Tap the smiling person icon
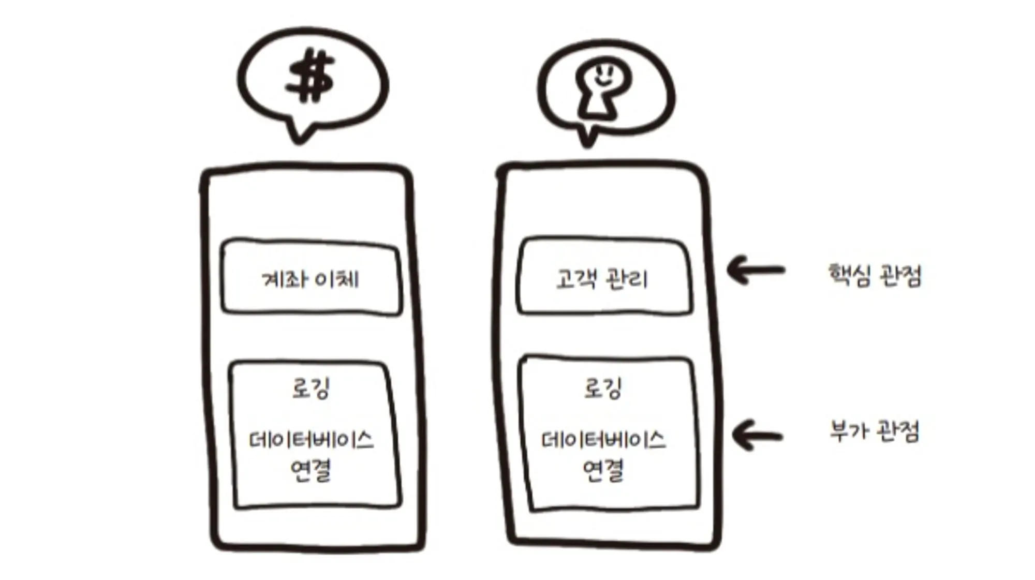pyautogui.click(x=603, y=88)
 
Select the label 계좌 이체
pyautogui.click(x=310, y=279)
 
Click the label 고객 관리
pyautogui.click(x=602, y=279)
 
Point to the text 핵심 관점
pyautogui.click(x=875, y=275)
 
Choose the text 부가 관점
pyautogui.click(x=875, y=431)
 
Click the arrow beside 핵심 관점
pyautogui.click(x=756, y=270)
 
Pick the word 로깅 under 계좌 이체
pyautogui.click(x=311, y=388)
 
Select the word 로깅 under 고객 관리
pyautogui.click(x=603, y=388)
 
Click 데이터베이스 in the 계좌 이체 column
pyautogui.click(x=311, y=440)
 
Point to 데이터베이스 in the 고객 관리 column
pyautogui.click(x=603, y=440)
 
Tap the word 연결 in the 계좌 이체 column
pyautogui.click(x=311, y=470)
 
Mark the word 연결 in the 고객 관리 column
pyautogui.click(x=603, y=470)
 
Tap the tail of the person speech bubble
pyautogui.click(x=588, y=138)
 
